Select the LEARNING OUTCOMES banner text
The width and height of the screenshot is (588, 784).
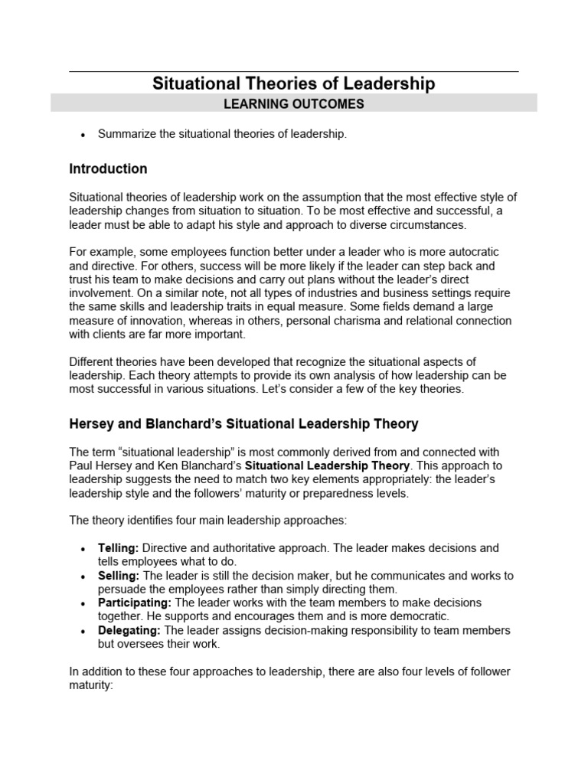(x=293, y=104)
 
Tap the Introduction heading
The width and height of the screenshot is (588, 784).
(x=108, y=168)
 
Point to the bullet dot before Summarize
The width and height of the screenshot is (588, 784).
(x=82, y=135)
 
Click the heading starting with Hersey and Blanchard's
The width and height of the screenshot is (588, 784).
(x=243, y=423)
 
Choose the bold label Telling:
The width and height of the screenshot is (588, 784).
(x=118, y=548)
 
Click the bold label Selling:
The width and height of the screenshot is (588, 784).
(x=118, y=576)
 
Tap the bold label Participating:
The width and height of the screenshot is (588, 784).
(x=135, y=603)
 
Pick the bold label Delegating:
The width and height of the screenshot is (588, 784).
(x=129, y=630)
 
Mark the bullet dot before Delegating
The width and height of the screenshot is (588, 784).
(x=82, y=631)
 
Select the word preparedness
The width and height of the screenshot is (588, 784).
(x=335, y=494)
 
